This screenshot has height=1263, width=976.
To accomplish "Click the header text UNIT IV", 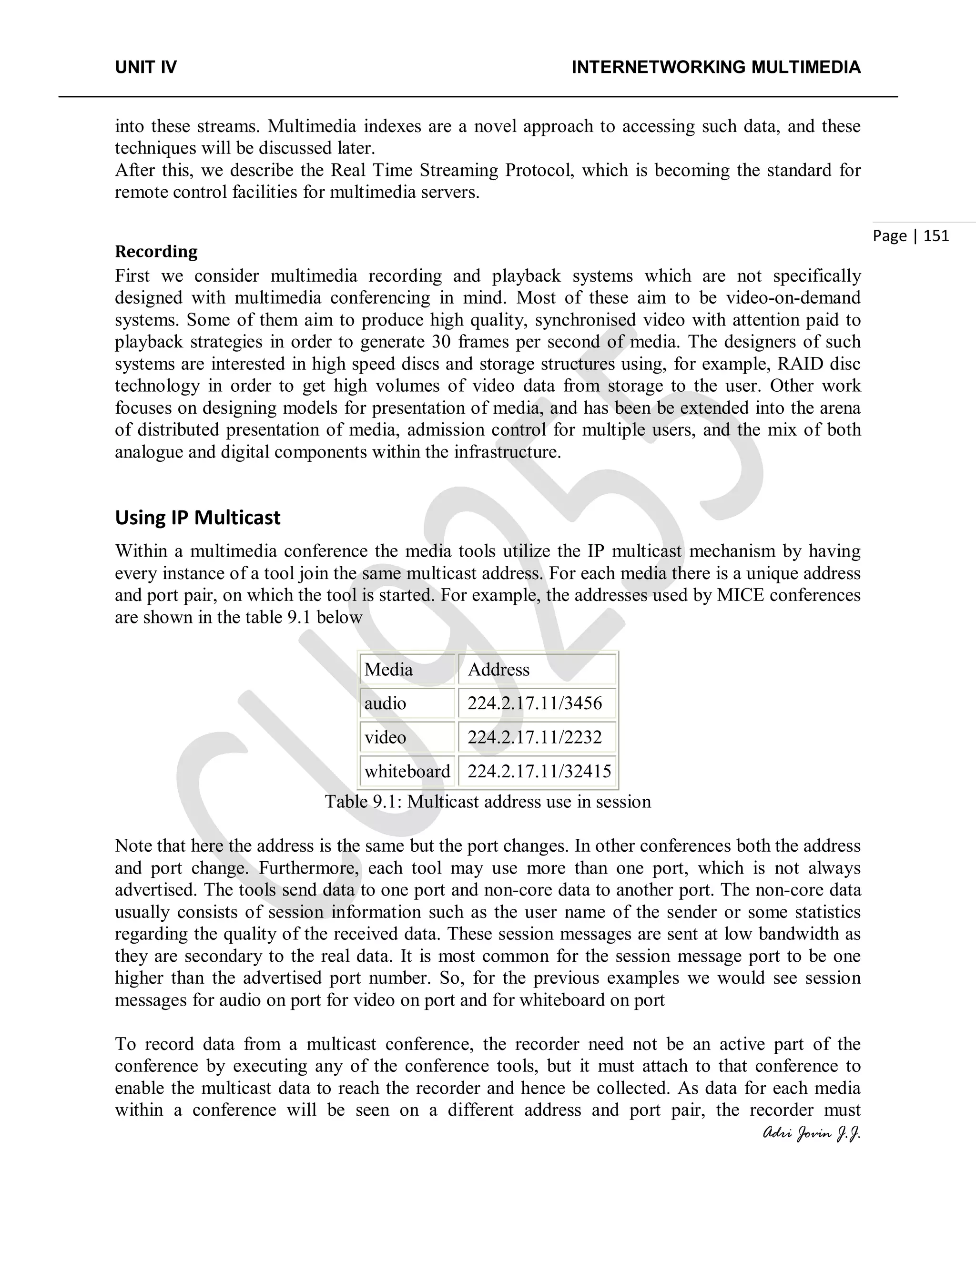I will [x=146, y=68].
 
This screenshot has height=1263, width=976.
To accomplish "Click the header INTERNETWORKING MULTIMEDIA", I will [x=716, y=68].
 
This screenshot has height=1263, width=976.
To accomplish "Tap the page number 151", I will [x=936, y=235].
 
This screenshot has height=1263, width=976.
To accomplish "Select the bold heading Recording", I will [x=156, y=252].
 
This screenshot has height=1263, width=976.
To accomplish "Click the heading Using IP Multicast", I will [x=197, y=517].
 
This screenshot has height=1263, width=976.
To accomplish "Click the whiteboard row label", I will [x=407, y=772].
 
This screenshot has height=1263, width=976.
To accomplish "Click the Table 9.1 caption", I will [x=488, y=802].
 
